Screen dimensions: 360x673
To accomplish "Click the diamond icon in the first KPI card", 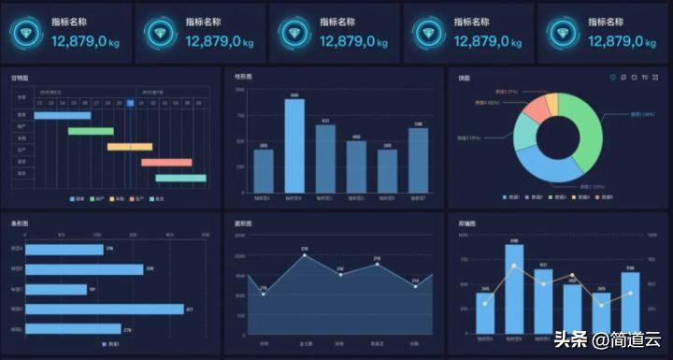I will pos(30,34).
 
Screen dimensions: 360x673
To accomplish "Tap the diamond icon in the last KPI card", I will pos(566,34).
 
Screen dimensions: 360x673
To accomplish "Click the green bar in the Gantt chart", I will pos(91,131).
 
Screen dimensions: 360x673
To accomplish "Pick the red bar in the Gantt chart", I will pos(166,162).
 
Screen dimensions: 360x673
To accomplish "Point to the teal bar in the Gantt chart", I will pos(180,177).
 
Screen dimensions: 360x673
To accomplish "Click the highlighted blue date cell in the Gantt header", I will pos(131,103).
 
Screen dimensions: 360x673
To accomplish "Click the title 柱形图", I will pos(243,77).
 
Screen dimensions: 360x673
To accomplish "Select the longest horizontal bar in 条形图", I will pos(105,309).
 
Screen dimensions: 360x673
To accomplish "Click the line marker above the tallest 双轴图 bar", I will pos(514,266).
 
